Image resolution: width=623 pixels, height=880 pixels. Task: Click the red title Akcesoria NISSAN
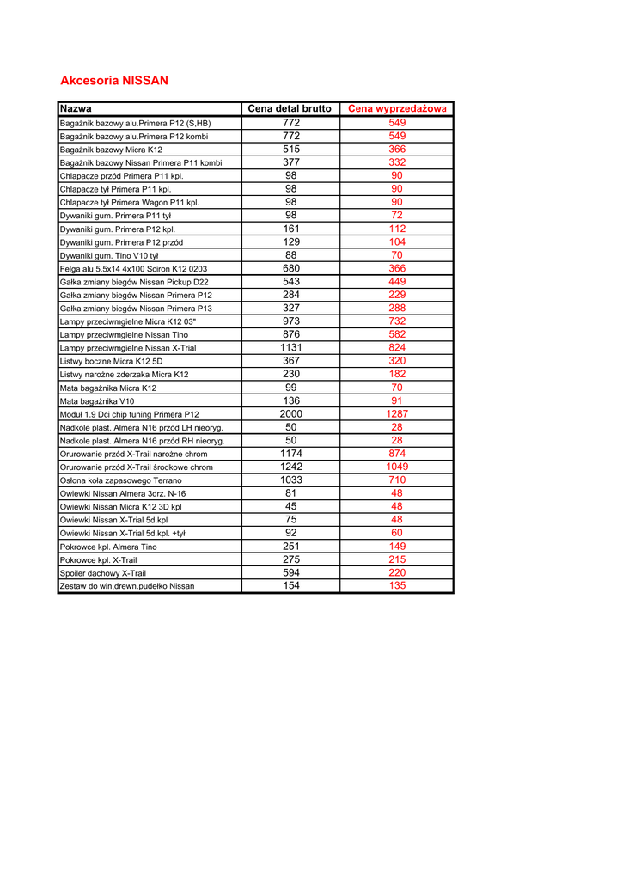114,81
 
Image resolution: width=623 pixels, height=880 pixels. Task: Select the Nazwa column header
76,109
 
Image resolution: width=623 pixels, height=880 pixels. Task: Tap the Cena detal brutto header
290,109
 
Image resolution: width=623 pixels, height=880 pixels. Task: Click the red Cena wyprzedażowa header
397,109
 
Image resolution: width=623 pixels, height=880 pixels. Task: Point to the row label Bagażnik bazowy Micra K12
111,150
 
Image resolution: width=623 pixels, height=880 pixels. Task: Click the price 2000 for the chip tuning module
291,413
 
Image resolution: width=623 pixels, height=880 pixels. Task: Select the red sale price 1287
397,413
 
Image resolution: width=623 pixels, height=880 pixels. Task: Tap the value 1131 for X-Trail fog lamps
291,347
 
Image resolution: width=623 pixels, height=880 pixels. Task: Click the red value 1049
397,467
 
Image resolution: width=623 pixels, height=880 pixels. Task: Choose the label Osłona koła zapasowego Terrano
120,480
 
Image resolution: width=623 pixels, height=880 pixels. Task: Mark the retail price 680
291,268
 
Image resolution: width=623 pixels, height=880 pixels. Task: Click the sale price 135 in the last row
397,585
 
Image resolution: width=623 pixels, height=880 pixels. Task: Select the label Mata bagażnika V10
97,401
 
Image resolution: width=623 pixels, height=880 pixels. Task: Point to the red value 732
397,321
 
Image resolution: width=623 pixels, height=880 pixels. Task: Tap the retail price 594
291,572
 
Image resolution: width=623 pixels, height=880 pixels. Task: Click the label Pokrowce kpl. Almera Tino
108,547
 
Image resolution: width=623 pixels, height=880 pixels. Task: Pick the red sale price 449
397,281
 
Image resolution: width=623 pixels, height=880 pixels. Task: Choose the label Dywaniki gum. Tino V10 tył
109,256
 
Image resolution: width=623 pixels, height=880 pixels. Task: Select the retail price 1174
291,453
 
